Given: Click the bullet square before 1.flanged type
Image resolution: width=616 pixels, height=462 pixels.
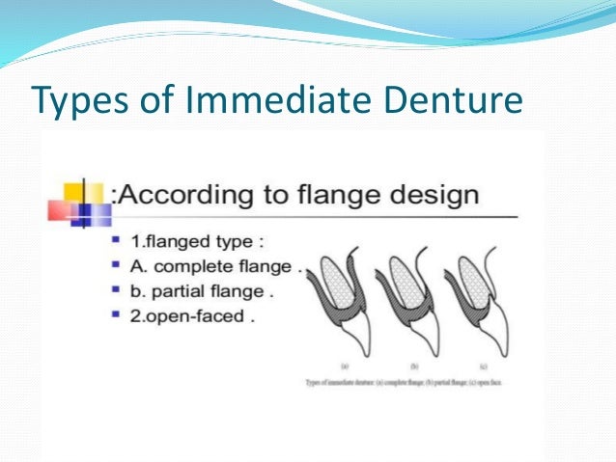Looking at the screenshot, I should pyautogui.click(x=117, y=237).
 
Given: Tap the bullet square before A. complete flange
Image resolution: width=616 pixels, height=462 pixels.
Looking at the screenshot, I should pyautogui.click(x=117, y=263).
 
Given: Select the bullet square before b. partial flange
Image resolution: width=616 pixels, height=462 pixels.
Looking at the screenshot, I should pyautogui.click(x=117, y=288).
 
